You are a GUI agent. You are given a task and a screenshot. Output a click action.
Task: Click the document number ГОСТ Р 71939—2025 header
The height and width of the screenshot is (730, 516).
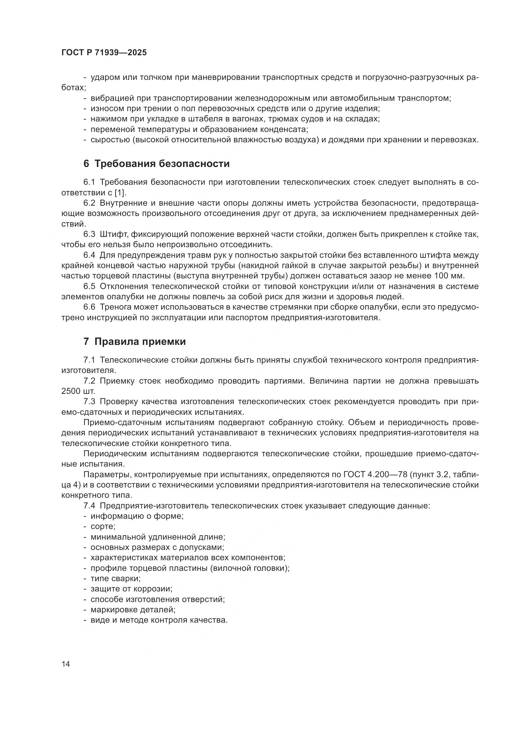point(104,53)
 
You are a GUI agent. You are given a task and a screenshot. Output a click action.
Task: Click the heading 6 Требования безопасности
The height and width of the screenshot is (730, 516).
point(156,164)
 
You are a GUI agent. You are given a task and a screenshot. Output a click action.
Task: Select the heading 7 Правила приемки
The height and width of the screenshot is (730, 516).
point(134,342)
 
